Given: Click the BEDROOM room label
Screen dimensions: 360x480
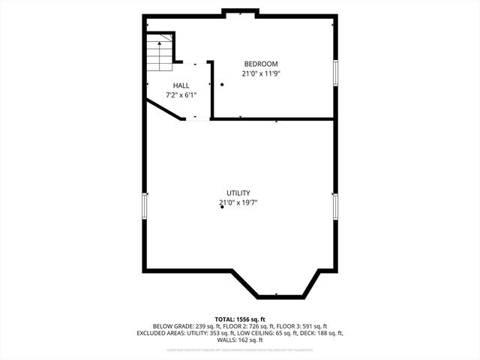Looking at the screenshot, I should (x=260, y=64).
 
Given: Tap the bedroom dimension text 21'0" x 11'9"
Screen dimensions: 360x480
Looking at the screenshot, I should (x=260, y=73).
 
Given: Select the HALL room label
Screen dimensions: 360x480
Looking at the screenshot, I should (x=181, y=85).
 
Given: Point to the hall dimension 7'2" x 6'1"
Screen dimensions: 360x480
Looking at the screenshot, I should (x=181, y=95).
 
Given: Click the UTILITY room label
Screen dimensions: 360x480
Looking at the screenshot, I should (x=238, y=193).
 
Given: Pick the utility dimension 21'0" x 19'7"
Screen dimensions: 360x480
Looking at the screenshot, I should (x=238, y=202).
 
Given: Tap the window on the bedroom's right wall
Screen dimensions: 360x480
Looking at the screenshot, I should (x=335, y=73).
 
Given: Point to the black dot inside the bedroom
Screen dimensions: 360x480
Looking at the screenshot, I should (x=222, y=85).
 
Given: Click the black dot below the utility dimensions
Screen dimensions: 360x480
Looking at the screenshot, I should (x=222, y=207).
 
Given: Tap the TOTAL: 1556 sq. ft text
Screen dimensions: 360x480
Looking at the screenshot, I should (x=240, y=319).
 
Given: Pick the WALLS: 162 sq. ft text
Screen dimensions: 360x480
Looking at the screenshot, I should (x=240, y=340).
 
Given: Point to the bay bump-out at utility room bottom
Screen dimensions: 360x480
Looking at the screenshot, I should (x=277, y=283).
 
